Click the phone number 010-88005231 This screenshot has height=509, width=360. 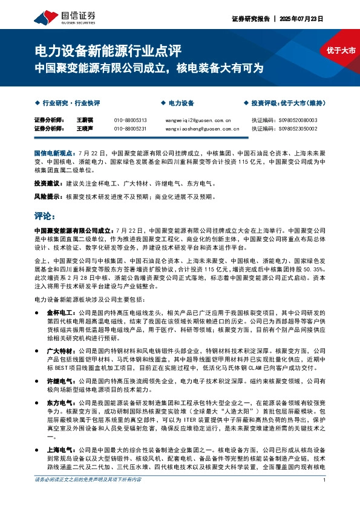(x=130, y=129)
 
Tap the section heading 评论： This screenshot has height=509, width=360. (x=45, y=215)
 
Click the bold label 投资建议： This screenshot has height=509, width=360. (x=47, y=183)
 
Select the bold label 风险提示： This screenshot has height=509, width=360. (x=47, y=196)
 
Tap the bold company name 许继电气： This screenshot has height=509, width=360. (x=61, y=381)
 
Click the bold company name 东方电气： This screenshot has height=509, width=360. (x=61, y=402)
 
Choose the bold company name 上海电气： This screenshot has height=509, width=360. (x=61, y=450)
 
